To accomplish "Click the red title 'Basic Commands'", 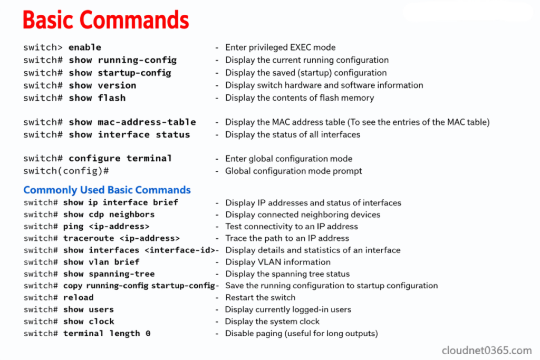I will click(105, 20).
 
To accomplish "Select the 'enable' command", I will click(85, 47).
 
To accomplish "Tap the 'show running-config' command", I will click(122, 60).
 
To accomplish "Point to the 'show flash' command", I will click(97, 98).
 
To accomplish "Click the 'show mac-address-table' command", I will click(132, 122).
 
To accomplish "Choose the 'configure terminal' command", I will click(120, 158).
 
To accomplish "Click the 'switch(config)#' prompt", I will click(66, 171).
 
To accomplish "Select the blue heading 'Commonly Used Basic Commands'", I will click(107, 190).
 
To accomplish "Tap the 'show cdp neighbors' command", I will click(109, 215).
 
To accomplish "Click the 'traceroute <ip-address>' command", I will click(121, 238).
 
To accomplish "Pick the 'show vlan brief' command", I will click(101, 262).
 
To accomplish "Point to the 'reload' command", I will click(78, 297).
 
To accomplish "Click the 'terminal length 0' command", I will click(107, 333).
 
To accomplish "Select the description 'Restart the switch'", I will click(260, 297).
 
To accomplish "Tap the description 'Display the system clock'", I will click(272, 322).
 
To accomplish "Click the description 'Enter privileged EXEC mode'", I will click(280, 47).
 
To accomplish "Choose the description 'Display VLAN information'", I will click(278, 262).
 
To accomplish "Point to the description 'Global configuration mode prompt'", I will click(293, 171).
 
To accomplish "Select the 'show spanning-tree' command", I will click(109, 274).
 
